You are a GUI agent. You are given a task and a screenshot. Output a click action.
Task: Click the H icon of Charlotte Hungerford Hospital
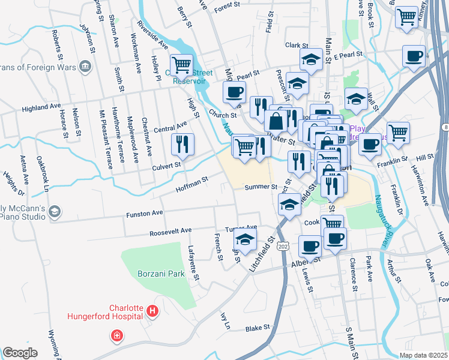(152, 311)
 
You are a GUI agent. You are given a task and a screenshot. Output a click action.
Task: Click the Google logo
(20, 353)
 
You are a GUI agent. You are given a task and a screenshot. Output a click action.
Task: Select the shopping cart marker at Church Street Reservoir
(181, 64)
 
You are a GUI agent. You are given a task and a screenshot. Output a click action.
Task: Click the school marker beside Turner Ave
(245, 240)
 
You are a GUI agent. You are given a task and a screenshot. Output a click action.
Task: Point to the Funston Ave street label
(144, 214)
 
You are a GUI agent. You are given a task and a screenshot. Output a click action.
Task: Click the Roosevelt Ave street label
(170, 230)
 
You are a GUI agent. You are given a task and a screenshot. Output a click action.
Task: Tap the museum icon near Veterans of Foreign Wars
(85, 65)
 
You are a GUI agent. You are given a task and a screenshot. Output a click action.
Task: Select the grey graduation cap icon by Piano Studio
(55, 211)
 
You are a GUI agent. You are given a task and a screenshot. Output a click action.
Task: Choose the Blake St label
(258, 328)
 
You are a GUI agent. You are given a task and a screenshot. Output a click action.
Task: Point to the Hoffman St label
(191, 184)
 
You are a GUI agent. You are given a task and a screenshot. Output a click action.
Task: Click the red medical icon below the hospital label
(116, 336)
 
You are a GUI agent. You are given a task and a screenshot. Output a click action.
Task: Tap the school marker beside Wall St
(356, 98)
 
